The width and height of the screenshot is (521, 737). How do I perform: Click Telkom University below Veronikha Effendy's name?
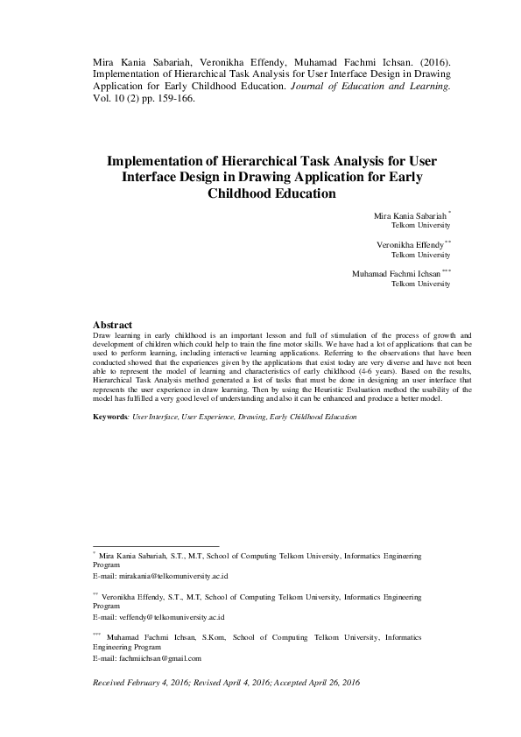[x=420, y=255]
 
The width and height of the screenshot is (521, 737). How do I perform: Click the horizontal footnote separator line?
[x=155, y=545]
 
